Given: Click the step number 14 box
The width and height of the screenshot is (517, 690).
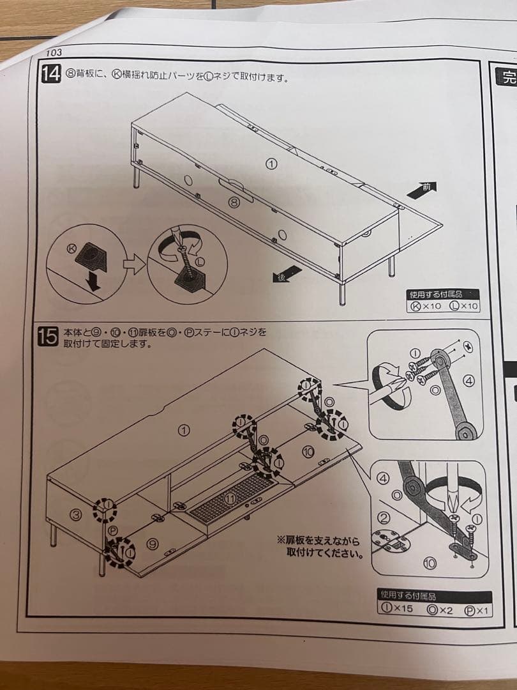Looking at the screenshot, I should (50, 75).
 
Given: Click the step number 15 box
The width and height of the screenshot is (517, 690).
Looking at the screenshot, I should (49, 337).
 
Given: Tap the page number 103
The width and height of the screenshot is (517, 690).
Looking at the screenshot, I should (54, 53).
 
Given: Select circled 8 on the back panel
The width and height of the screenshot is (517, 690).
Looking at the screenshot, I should (234, 203).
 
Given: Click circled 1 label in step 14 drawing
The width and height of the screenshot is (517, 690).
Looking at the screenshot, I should (272, 164).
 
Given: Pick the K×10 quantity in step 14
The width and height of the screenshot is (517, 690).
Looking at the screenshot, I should (426, 306).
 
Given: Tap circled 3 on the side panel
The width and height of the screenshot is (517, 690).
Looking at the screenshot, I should (75, 515).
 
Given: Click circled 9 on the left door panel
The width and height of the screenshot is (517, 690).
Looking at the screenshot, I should (152, 544).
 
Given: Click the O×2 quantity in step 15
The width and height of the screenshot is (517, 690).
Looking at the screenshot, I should (439, 609).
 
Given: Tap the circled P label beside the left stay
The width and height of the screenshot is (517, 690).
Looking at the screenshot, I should (113, 530).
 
